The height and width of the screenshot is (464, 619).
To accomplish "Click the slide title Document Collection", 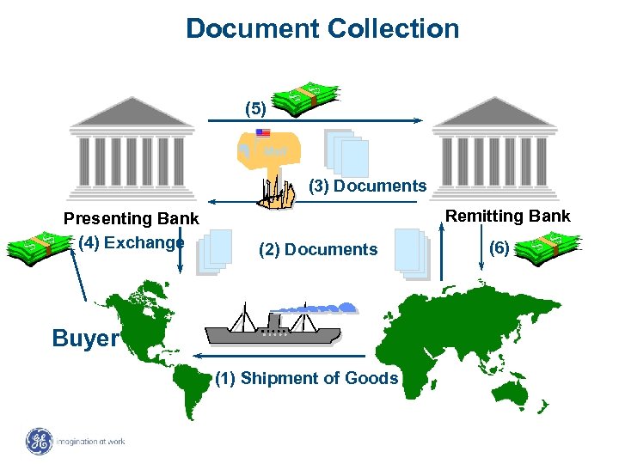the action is click(x=322, y=28).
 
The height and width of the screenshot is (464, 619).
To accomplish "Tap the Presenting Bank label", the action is click(x=132, y=219).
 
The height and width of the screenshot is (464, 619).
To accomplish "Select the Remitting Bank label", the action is click(x=507, y=216).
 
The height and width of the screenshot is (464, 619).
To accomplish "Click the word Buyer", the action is click(x=84, y=338).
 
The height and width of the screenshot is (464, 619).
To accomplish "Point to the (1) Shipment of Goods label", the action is click(x=306, y=378).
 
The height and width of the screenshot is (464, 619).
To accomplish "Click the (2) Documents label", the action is click(x=317, y=250).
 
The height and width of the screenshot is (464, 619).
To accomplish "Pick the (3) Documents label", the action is click(x=367, y=186).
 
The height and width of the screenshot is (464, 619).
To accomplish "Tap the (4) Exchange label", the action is click(x=131, y=242).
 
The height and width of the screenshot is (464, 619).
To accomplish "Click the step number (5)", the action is click(x=255, y=109).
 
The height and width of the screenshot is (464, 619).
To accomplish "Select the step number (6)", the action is click(x=499, y=247).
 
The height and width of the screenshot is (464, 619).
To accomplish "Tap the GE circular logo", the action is click(x=39, y=442).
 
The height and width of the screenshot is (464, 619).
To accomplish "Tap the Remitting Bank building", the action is click(x=493, y=146).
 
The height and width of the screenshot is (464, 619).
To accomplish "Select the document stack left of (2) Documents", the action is click(x=213, y=251).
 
